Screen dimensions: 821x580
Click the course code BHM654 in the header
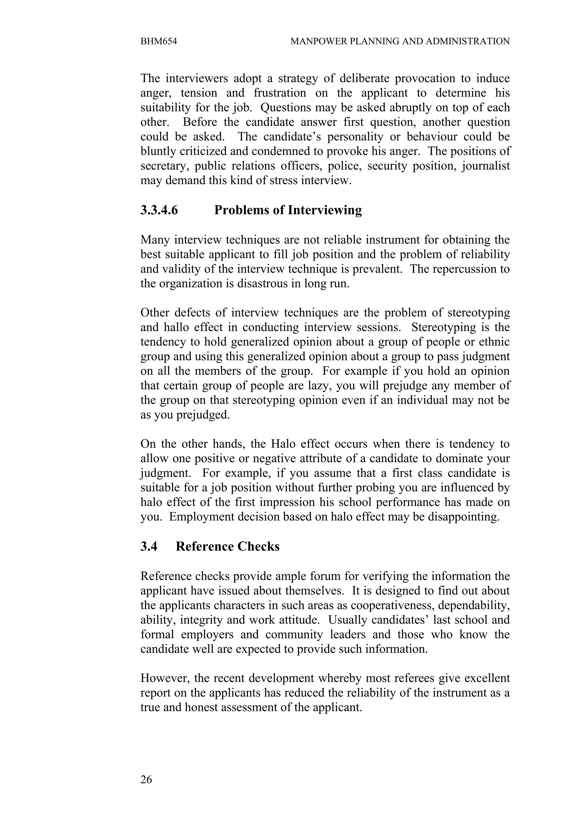[x=159, y=41]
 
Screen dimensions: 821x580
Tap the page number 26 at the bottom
[x=146, y=780]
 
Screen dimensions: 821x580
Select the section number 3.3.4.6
[x=159, y=210]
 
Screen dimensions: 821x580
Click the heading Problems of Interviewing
[x=288, y=210]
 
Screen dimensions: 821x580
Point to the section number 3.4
[x=149, y=546]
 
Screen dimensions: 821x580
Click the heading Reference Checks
[x=227, y=546]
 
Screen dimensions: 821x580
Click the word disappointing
[x=457, y=517]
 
